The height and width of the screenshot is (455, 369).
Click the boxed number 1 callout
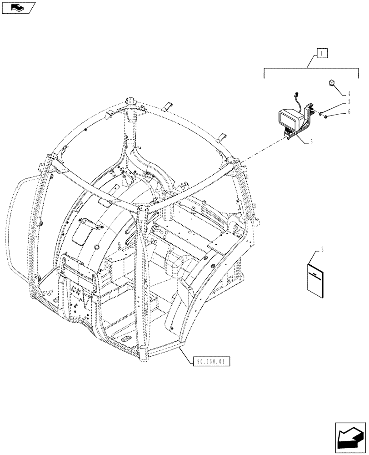321,54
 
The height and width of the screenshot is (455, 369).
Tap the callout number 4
349,93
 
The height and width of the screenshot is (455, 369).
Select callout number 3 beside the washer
349,101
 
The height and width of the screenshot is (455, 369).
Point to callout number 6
349,111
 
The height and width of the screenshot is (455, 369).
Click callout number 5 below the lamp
311,142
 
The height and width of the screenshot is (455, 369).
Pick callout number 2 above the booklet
322,249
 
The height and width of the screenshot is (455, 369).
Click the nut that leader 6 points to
327,117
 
